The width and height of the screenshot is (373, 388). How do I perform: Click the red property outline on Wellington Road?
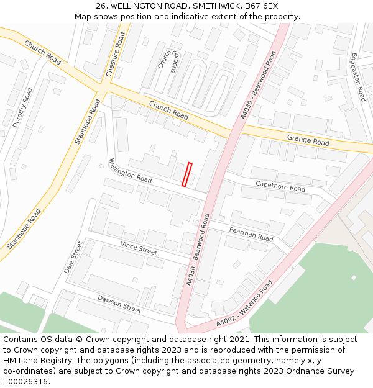(186, 174)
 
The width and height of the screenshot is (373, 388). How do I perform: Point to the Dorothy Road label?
(22, 107)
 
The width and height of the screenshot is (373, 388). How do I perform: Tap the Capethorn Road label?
(280, 186)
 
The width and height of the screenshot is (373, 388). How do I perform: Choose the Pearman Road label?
(251, 234)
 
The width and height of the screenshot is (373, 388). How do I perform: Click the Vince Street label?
(139, 248)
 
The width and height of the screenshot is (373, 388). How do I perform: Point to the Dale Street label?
(73, 258)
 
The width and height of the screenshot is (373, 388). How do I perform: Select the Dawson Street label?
(119, 303)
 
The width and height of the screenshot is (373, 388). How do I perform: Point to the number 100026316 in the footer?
(24, 382)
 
